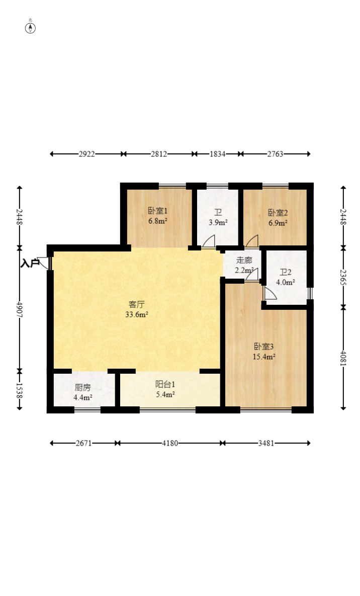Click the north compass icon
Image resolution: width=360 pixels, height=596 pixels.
point(30,28)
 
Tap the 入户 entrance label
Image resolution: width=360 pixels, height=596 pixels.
point(30,263)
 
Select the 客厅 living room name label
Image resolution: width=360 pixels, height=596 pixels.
point(136,304)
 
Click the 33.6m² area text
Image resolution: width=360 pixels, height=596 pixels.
point(136,314)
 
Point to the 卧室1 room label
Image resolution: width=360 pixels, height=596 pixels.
point(158,211)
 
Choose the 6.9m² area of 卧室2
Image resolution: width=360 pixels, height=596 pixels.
point(278,223)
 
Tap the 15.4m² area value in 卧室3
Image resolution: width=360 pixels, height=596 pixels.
point(264,357)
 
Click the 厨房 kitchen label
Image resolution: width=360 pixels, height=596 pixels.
point(82,388)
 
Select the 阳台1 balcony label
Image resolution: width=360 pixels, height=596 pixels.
point(165,385)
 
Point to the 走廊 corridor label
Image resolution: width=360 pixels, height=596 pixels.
point(244,261)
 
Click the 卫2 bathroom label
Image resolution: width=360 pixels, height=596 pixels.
point(286,273)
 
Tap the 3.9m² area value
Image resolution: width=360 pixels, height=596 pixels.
point(218,223)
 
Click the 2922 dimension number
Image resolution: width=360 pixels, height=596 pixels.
point(86,154)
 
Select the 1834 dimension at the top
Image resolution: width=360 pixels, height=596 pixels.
point(217,154)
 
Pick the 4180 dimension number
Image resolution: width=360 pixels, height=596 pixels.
point(170,443)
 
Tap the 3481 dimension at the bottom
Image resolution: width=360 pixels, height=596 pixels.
point(266,443)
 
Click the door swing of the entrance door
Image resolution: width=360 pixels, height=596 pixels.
point(43,263)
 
